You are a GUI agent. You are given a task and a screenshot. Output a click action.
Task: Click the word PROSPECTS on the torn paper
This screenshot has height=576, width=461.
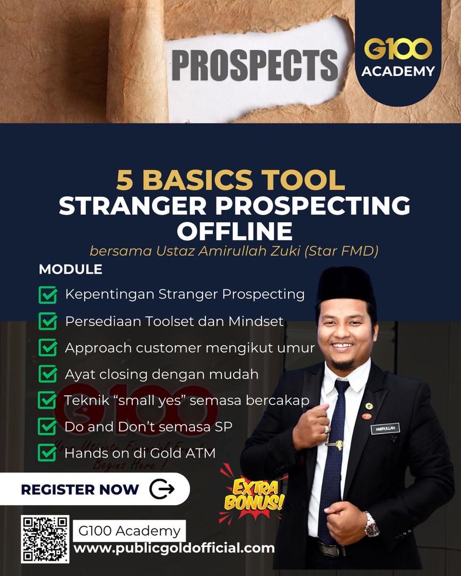[255, 65]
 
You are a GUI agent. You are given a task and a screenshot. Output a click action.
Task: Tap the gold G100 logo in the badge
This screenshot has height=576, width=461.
[398, 49]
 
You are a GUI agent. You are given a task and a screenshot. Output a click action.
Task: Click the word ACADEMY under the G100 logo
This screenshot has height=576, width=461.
[398, 71]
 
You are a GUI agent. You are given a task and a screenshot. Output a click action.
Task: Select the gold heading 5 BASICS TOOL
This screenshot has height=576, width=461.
[230, 180]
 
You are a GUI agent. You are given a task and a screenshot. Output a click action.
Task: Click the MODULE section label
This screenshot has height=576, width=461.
[70, 269]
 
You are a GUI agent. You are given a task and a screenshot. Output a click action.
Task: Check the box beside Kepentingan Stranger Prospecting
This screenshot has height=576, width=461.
[48, 295]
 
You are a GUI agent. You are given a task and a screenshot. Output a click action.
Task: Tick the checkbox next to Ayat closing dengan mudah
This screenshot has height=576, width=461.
[48, 374]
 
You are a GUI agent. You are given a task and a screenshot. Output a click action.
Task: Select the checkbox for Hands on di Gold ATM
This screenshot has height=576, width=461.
[47, 453]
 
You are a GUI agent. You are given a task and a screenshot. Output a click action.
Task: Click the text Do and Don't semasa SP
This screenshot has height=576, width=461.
[148, 427]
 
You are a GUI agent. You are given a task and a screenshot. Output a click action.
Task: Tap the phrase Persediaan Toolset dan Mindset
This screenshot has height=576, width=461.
[174, 322]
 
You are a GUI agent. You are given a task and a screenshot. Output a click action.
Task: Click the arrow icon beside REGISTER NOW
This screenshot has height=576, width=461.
[162, 489]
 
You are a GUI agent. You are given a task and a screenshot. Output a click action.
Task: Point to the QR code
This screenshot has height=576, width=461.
[45, 539]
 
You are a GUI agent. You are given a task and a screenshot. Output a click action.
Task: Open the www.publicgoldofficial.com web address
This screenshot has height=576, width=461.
[174, 548]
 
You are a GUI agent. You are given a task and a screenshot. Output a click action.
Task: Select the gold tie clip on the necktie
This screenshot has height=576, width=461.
[335, 445]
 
